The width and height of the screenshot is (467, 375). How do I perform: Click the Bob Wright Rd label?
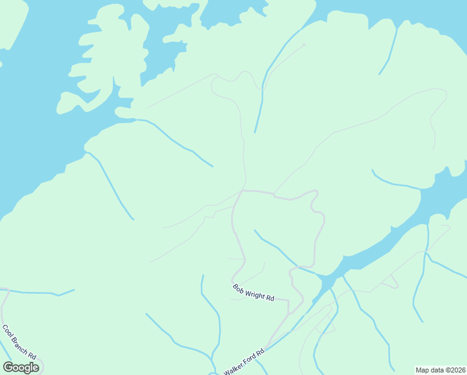point(253,293)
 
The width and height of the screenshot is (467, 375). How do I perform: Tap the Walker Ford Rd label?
point(244,361)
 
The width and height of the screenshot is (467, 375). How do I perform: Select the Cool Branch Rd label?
point(19,341)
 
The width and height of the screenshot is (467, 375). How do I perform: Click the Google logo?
point(21,367)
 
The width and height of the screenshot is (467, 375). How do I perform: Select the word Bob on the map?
point(238,288)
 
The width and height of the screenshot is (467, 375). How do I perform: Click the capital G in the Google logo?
point(8,367)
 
